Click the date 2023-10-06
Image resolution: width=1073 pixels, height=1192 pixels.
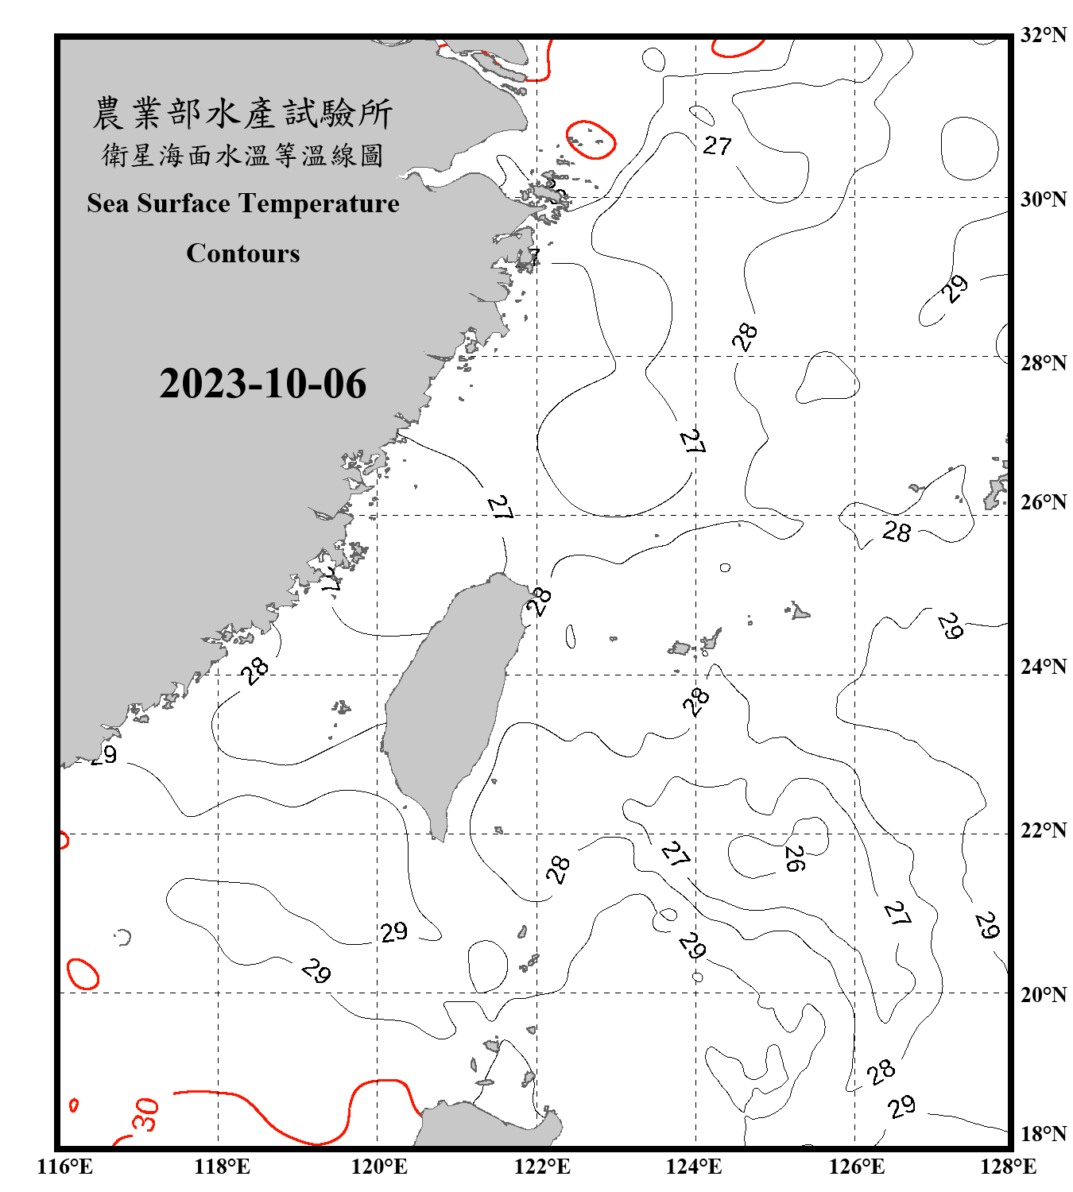pyautogui.click(x=262, y=384)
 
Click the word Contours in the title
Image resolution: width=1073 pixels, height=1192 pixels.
pyautogui.click(x=243, y=253)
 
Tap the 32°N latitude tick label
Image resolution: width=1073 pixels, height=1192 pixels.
pyautogui.click(x=1044, y=35)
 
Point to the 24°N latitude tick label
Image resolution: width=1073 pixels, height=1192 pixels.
pyautogui.click(x=1044, y=666)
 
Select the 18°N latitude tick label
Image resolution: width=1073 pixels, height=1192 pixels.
pyautogui.click(x=1044, y=1134)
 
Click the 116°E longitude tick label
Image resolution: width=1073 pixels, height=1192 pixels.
pyautogui.click(x=64, y=1167)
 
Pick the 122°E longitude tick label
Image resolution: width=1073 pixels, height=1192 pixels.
pyautogui.click(x=542, y=1167)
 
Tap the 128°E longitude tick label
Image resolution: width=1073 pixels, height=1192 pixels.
pyautogui.click(x=1008, y=1167)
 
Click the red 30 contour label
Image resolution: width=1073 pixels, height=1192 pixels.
pyautogui.click(x=146, y=1114)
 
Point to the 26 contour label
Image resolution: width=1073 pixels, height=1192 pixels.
pyautogui.click(x=794, y=858)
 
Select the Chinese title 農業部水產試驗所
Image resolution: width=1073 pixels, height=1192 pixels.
pyautogui.click(x=242, y=114)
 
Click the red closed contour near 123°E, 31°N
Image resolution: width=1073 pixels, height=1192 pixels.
pyautogui.click(x=591, y=140)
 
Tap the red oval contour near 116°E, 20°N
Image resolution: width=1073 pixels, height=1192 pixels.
pyautogui.click(x=83, y=973)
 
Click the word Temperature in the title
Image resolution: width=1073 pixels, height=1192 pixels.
pyautogui.click(x=320, y=203)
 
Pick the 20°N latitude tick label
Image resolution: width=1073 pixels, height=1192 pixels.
pyautogui.click(x=1044, y=993)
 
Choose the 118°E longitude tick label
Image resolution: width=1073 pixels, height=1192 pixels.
pyautogui.click(x=222, y=1167)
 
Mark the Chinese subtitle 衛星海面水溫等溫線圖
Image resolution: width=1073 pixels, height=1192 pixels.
pyautogui.click(x=242, y=155)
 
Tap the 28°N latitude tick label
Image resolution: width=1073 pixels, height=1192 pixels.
pyautogui.click(x=1044, y=363)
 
